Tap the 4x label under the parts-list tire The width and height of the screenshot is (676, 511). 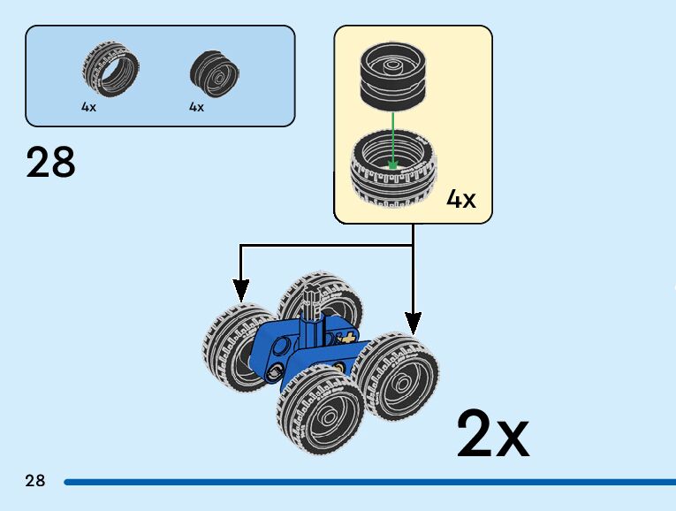(x=88, y=107)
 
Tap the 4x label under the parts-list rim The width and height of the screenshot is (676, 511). (x=196, y=107)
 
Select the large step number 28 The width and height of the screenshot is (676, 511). (x=51, y=163)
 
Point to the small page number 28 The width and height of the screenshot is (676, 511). (x=34, y=481)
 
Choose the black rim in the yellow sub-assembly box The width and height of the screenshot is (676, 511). (x=394, y=76)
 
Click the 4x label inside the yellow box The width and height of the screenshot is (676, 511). (x=460, y=199)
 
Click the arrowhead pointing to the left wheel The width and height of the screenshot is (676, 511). (x=239, y=291)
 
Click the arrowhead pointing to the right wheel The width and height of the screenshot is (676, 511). (x=413, y=323)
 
